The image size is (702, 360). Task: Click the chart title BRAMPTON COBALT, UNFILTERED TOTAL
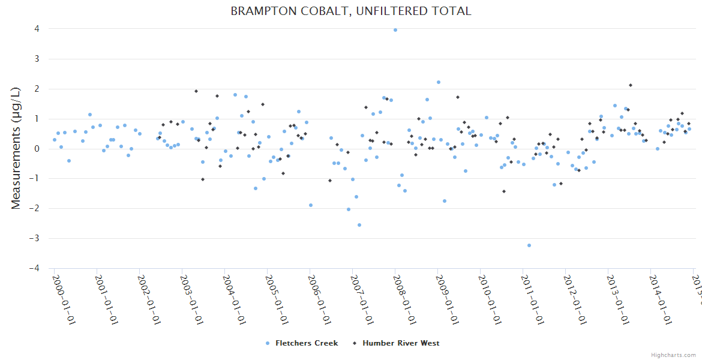pos(351,11)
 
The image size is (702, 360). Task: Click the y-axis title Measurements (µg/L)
pos(16,149)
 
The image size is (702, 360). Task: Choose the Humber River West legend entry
pos(400,343)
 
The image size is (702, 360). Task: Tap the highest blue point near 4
pos(395,30)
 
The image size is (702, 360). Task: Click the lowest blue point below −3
pos(529,245)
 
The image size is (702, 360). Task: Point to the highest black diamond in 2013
pos(631,85)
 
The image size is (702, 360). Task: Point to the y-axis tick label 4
pos(37,29)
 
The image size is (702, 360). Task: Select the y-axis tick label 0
pos(37,149)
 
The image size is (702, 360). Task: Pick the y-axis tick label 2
pos(37,89)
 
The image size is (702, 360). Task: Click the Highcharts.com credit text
pos(674,355)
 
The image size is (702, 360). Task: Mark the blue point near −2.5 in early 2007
pos(359,225)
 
